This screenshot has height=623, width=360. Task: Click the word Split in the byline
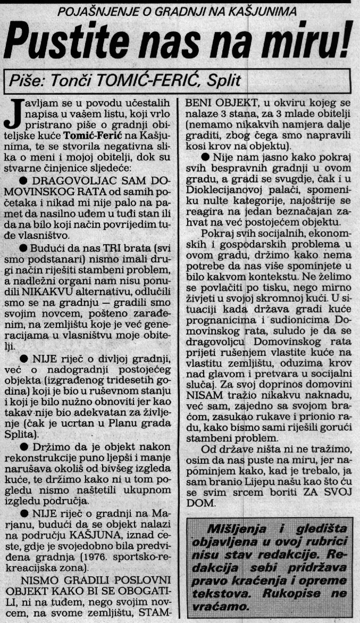tap(223, 81)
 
